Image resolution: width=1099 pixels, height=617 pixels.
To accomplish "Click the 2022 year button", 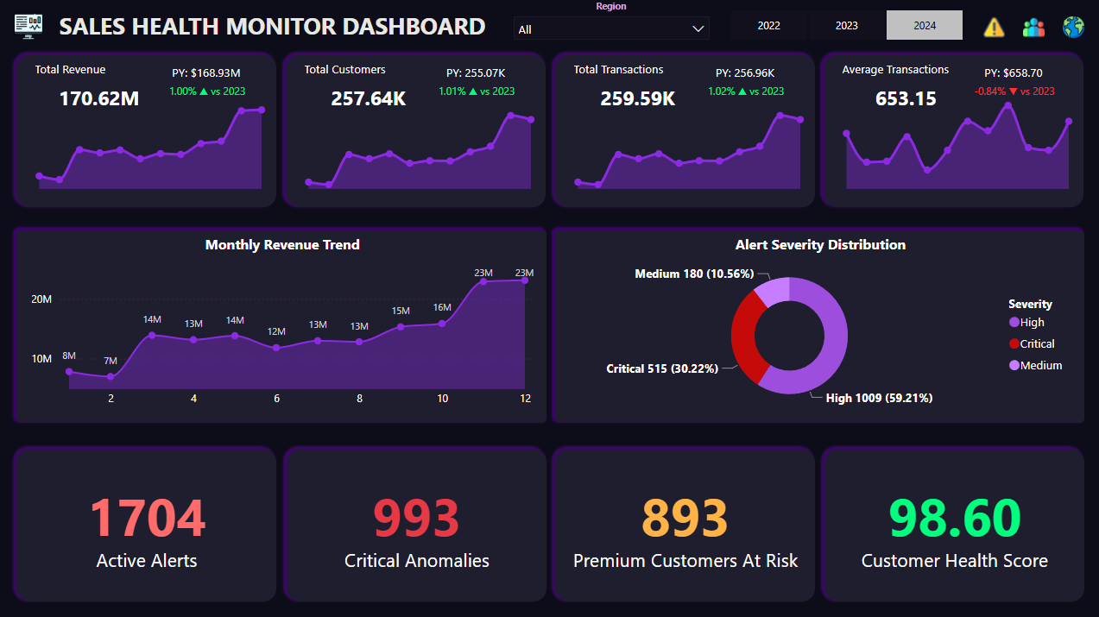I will (768, 25).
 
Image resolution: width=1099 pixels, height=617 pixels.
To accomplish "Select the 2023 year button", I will (846, 25).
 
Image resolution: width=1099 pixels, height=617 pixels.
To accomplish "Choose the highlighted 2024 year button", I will (924, 25).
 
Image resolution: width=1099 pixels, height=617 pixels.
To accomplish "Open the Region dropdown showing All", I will (611, 29).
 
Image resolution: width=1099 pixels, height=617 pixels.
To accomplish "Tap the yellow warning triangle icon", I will (994, 27).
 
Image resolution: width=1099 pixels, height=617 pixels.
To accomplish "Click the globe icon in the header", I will (1073, 27).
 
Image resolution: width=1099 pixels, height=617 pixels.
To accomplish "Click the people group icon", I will (1033, 27).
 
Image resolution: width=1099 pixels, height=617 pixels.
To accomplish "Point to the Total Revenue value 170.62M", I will (98, 98).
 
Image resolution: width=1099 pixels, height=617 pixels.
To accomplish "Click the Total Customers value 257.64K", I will (368, 98).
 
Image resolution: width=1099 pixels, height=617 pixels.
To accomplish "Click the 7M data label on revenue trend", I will (110, 361).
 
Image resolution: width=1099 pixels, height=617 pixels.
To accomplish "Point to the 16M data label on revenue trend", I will (442, 307).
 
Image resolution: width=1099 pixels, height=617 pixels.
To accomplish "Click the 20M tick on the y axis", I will (41, 299).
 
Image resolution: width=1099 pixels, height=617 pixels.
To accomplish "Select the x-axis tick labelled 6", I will (276, 399).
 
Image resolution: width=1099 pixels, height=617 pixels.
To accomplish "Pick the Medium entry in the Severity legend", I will (1040, 365).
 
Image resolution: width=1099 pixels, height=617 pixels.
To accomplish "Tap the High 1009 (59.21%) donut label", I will (878, 398).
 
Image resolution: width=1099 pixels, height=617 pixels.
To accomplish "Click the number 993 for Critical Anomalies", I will (415, 519).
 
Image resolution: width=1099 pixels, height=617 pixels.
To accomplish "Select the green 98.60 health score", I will (954, 519).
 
